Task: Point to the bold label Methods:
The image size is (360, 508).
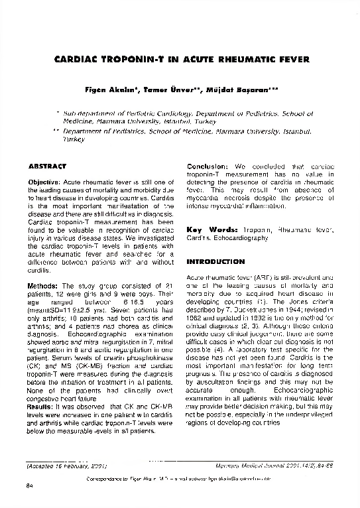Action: [x=42, y=286]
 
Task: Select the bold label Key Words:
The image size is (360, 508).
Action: [x=211, y=229]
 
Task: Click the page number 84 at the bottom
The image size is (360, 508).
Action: [x=29, y=488]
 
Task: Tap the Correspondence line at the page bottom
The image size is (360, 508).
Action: [x=180, y=478]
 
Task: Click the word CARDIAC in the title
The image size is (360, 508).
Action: [x=71, y=60]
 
